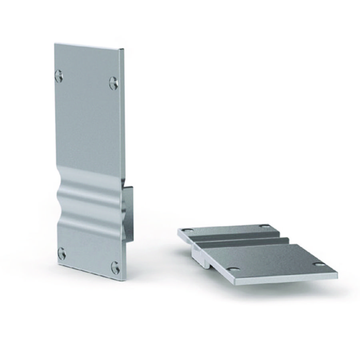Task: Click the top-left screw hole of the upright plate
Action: [x=59, y=75]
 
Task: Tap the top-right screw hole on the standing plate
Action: [x=114, y=82]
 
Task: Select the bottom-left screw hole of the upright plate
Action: [x=62, y=253]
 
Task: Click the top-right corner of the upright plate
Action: [x=123, y=50]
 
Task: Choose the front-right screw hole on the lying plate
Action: [x=319, y=264]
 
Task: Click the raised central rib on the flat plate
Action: [x=244, y=241]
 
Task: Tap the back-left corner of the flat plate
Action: [x=178, y=230]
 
